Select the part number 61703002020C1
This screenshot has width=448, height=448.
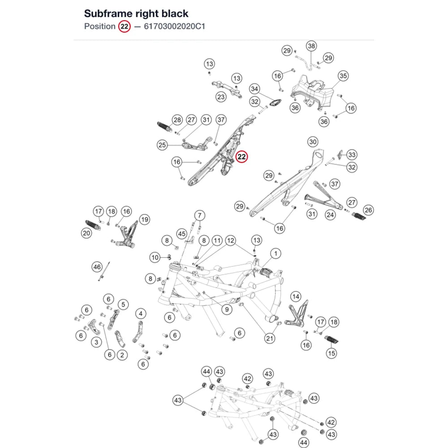175,26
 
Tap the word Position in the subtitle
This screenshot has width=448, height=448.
100,26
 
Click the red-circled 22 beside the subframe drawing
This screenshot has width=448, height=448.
241,156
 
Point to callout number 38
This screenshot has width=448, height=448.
311,46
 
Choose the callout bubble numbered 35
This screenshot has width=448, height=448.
343,76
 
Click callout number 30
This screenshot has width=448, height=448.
313,142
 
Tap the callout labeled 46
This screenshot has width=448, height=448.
97,267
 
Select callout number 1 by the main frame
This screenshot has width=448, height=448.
276,254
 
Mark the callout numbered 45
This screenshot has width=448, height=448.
182,234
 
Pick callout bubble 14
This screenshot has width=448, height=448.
296,297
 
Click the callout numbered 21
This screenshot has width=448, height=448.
269,339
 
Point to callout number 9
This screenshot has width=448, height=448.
227,310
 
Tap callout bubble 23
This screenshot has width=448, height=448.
221,97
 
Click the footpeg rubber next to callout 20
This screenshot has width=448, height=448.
93,225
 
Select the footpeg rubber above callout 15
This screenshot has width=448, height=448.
332,340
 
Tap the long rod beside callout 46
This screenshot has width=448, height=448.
104,271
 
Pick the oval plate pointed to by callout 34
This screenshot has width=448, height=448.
276,102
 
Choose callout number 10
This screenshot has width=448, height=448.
155,258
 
